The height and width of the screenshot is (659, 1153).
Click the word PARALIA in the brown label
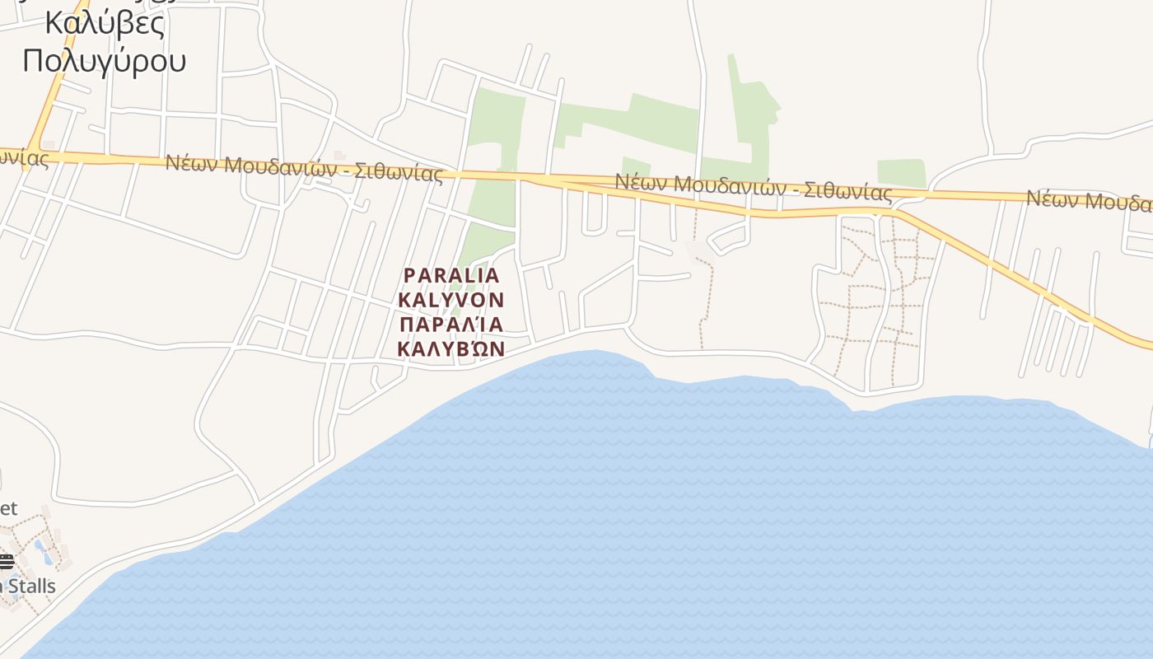(x=451, y=275)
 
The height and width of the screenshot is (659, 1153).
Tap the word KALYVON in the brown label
(x=450, y=299)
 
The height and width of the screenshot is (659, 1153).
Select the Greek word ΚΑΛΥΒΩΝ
(x=450, y=348)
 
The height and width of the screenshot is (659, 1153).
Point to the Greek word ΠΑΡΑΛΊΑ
(x=450, y=324)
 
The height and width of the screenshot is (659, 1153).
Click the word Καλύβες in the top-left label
(x=105, y=23)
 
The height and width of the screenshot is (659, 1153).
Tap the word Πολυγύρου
(x=105, y=60)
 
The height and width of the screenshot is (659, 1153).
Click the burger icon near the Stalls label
(x=7, y=563)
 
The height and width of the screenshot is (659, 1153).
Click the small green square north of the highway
(x=901, y=173)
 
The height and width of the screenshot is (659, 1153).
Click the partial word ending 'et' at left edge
(x=7, y=508)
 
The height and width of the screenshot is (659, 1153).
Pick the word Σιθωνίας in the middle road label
(x=848, y=191)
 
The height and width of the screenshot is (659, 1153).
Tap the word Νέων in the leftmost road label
(x=190, y=162)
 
